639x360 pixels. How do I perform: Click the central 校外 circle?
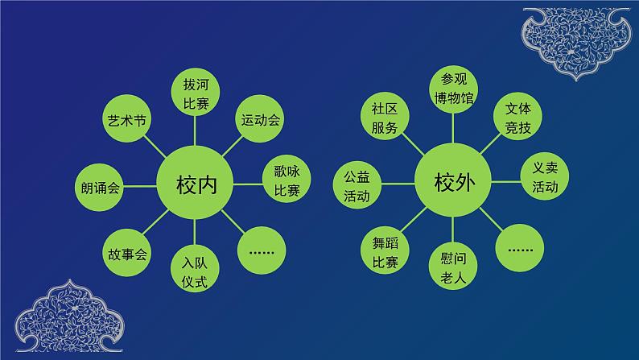[456, 182]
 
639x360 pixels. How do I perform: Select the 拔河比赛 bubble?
[196, 94]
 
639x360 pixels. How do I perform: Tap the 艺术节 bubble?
[127, 121]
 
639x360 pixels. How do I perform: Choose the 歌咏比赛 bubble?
[287, 181]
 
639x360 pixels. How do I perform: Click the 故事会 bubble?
[127, 254]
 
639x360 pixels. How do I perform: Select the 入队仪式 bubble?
[196, 271]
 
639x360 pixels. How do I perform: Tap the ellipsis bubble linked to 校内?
[262, 250]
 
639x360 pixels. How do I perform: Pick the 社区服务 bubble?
[385, 118]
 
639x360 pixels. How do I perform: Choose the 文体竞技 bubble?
[517, 117]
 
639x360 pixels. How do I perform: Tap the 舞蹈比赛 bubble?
[385, 250]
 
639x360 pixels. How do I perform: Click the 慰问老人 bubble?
[453, 267]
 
